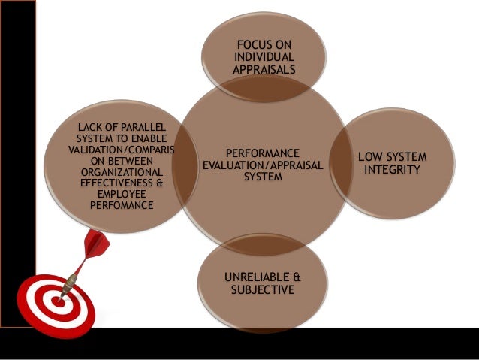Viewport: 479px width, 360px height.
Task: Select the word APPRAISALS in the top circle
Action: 264,70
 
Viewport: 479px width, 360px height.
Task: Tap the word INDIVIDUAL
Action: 264,58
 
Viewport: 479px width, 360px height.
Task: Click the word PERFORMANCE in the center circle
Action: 262,151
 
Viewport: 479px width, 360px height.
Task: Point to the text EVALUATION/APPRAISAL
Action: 262,165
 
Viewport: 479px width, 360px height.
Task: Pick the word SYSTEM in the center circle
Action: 263,177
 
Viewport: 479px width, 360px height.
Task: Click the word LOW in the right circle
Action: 371,157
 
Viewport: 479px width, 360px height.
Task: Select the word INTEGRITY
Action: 393,171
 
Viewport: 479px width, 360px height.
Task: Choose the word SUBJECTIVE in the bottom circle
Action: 263,289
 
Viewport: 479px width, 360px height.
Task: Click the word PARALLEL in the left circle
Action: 134,126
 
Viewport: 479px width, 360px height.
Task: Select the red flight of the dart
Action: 96,246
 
